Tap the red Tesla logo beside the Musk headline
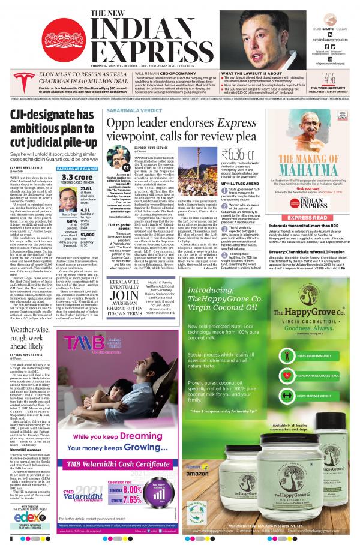pos(16,80)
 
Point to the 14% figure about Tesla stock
pos(328,78)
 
